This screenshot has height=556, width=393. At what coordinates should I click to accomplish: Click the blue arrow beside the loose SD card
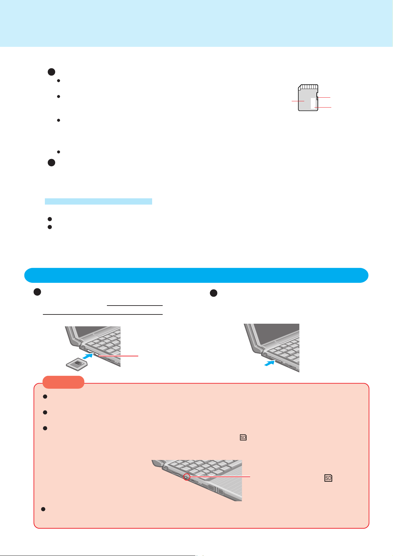point(87,356)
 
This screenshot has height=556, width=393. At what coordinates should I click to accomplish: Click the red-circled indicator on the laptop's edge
point(186,477)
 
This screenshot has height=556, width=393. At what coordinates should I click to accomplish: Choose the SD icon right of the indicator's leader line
point(328,477)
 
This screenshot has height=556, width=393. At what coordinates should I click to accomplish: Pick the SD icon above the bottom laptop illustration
point(243,438)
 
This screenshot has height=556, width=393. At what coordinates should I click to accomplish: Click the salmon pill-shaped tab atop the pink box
point(63,382)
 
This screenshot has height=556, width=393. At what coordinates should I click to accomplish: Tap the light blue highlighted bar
point(98,201)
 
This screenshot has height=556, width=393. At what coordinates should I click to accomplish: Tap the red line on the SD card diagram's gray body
point(298,101)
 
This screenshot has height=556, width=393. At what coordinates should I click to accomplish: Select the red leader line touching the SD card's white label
point(323,108)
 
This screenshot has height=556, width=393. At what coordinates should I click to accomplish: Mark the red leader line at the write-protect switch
point(324,98)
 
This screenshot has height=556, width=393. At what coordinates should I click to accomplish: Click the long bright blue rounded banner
point(196,275)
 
